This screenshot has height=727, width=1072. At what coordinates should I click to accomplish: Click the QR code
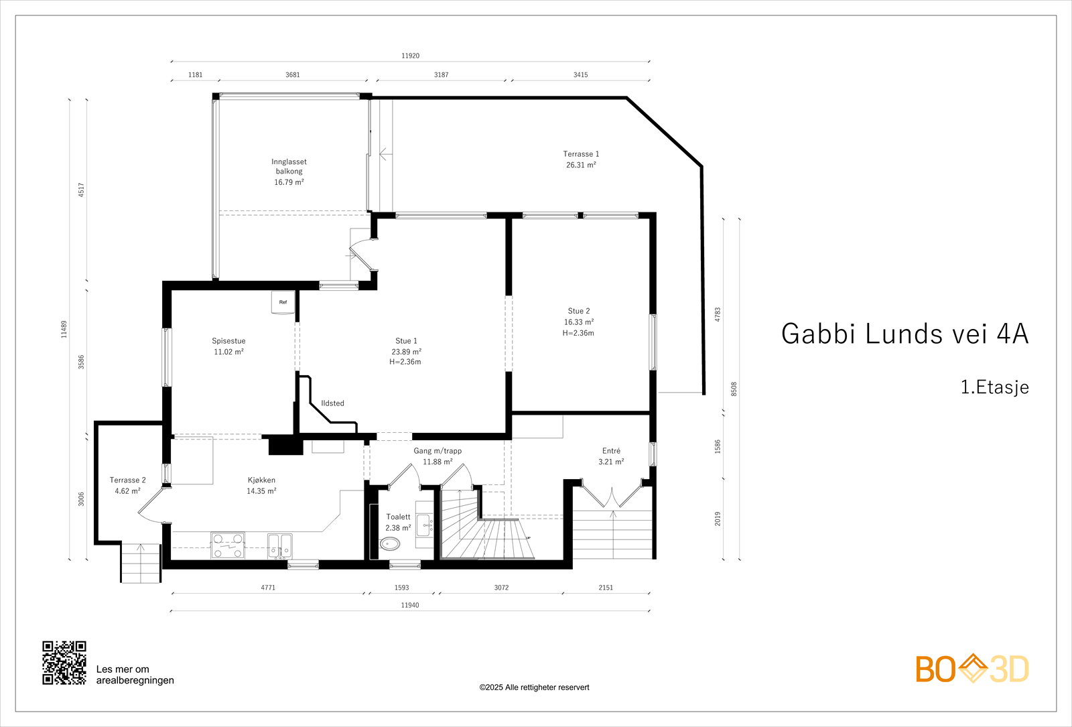pos(64,663)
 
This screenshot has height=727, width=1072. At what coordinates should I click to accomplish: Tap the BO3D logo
pos(972,669)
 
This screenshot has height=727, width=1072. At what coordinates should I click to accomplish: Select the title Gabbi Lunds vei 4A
pos(904,334)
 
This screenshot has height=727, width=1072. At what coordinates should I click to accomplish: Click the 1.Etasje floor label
pos(994,387)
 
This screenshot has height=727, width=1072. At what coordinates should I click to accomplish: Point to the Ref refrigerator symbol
pos(283,302)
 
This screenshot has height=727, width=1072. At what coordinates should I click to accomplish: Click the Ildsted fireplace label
pos(332,403)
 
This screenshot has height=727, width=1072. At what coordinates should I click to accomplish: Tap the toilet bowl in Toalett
pos(389,543)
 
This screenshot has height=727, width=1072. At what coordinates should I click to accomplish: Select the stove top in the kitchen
pos(228,545)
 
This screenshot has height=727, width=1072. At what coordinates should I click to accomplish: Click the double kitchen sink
pos(280,545)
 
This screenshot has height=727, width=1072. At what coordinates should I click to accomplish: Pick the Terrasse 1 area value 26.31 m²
pos(581,165)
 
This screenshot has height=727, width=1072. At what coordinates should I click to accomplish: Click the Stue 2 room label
pos(579,311)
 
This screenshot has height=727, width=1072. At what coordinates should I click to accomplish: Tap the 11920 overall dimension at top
pos(410,56)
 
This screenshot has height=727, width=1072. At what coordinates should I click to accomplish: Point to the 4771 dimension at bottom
pos(268,588)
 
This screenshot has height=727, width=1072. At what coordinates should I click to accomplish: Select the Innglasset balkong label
pos(289,166)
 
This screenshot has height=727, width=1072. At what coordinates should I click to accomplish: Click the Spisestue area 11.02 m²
pos(228,352)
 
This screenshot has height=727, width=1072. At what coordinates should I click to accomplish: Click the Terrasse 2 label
pos(127,480)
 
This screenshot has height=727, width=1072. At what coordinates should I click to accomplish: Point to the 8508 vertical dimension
pos(734,389)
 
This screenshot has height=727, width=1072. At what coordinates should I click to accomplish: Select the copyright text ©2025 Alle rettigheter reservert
pos(534,687)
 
